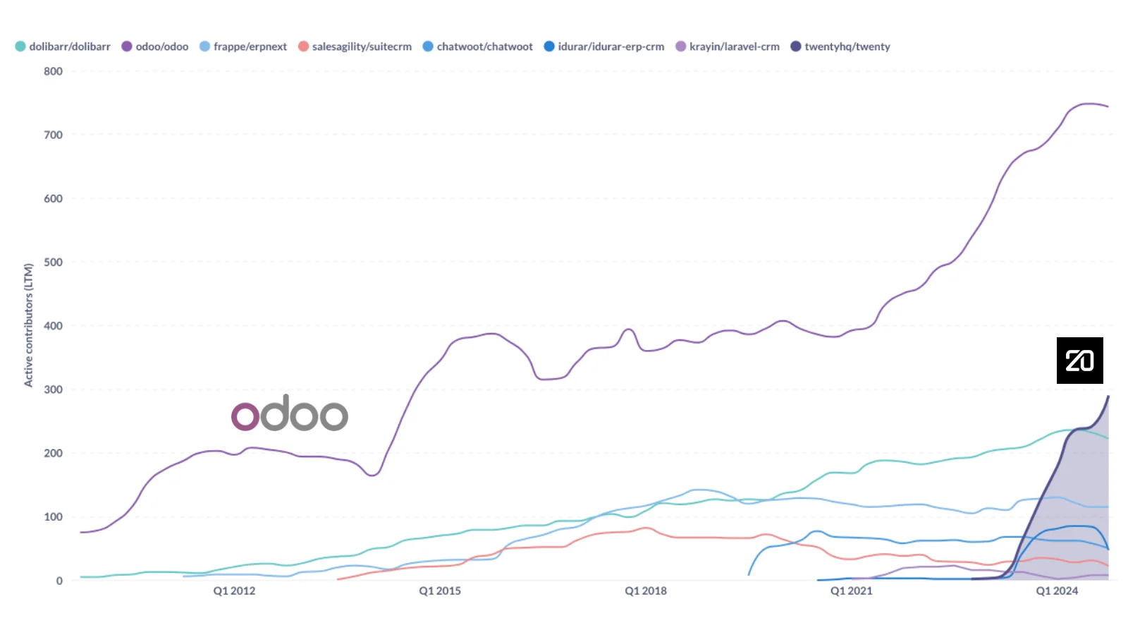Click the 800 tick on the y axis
53,71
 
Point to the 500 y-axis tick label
53,262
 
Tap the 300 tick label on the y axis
53,389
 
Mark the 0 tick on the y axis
59,581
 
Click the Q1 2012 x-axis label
234,591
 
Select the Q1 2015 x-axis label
440,591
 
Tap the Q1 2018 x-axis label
646,591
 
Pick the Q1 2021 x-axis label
851,591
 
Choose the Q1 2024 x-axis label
1057,591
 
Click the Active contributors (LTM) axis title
29,325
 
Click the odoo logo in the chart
290,413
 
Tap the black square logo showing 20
1079,361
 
